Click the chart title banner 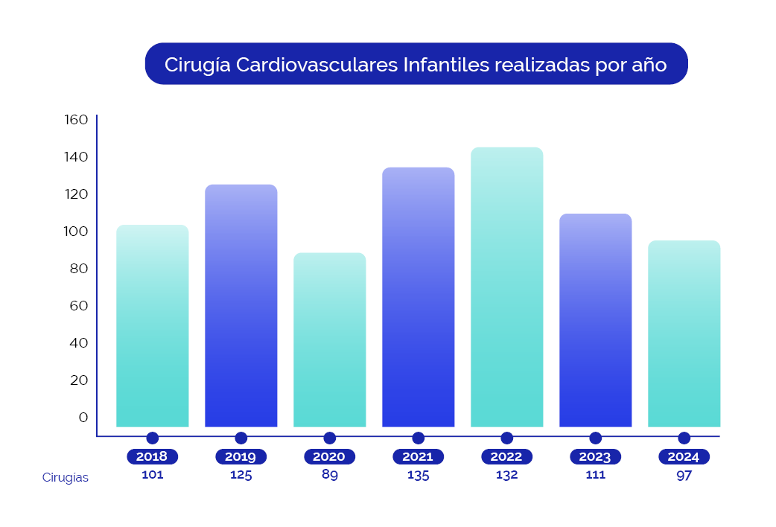416,64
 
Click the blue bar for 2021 418,297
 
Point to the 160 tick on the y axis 76,120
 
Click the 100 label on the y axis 76,231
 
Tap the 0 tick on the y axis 83,418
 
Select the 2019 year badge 241,457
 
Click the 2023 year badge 595,457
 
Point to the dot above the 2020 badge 329,438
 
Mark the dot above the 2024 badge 684,438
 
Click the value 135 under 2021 418,475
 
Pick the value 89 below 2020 329,475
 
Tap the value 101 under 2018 153,475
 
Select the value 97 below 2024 684,475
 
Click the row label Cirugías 66,478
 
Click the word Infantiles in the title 445,65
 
